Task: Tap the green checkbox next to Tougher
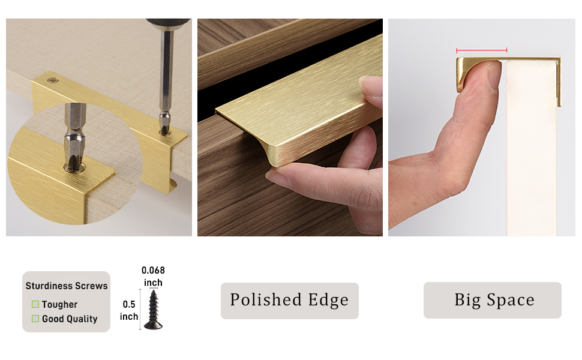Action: (x=35, y=304)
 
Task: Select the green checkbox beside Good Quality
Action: (x=35, y=319)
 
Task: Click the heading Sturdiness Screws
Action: (x=67, y=286)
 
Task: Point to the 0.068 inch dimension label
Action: (x=153, y=276)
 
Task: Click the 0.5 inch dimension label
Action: (x=129, y=310)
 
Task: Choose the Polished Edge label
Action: (x=289, y=300)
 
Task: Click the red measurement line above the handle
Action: (x=481, y=50)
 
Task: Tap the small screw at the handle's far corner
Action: (x=56, y=79)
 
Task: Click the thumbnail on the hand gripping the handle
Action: (x=370, y=83)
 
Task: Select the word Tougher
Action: (x=60, y=304)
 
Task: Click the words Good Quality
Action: (x=70, y=319)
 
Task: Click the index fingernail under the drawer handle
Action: (x=277, y=176)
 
